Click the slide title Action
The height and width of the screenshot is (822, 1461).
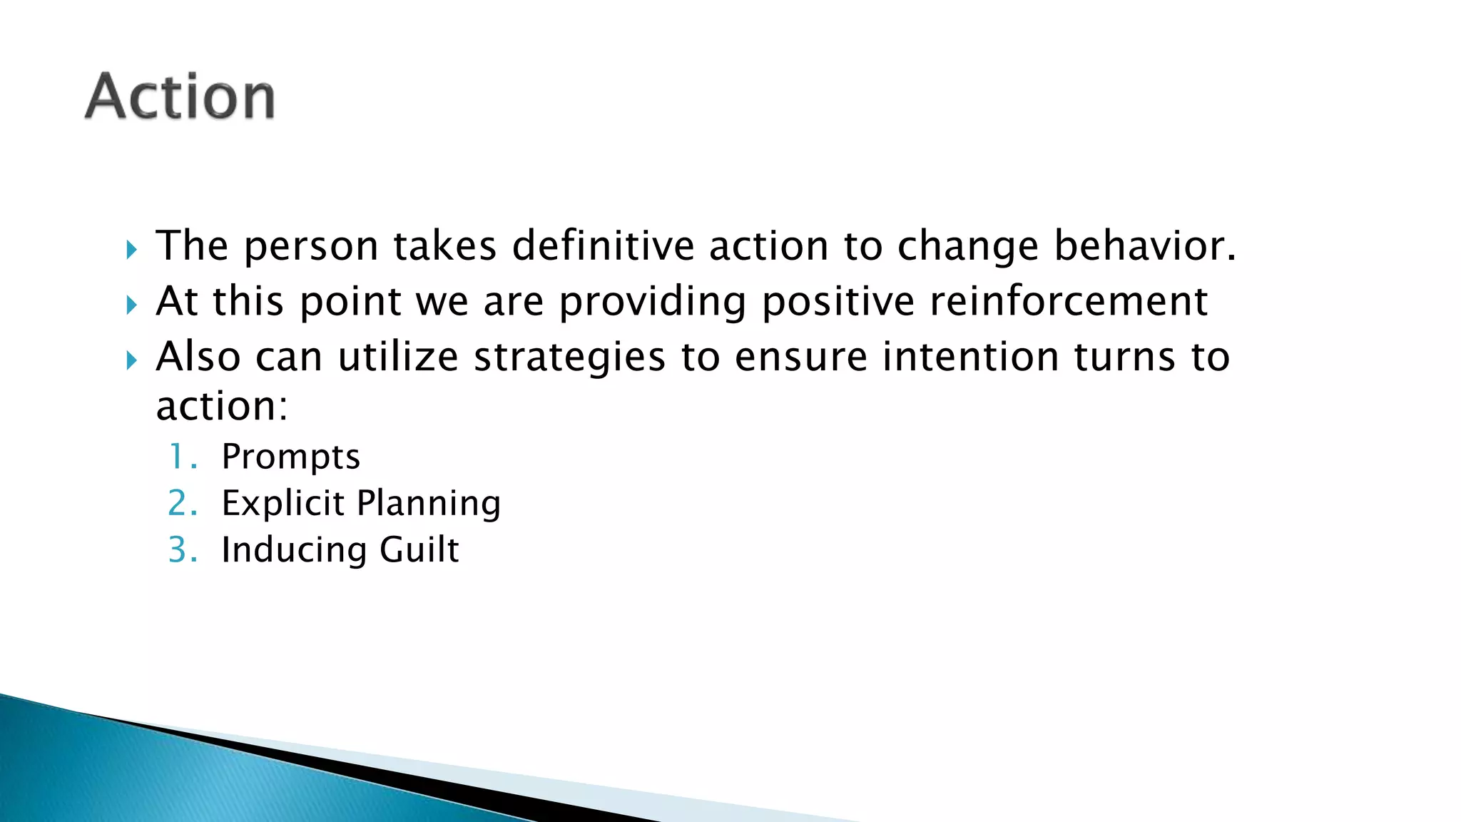180,96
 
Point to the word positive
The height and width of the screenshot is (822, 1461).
838,303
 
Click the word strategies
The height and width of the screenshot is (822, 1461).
569,357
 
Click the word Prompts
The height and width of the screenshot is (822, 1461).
290,457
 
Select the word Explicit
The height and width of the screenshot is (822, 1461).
283,504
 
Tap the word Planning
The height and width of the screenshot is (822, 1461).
429,504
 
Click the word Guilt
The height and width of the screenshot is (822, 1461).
419,550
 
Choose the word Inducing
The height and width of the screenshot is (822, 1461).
294,550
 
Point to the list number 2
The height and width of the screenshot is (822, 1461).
181,504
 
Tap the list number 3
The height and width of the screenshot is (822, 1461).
181,550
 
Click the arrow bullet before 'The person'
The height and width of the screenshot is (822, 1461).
131,250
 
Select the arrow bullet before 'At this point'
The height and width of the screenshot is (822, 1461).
131,305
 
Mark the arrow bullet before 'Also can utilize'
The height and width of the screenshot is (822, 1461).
131,360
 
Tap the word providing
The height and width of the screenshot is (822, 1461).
652,303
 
